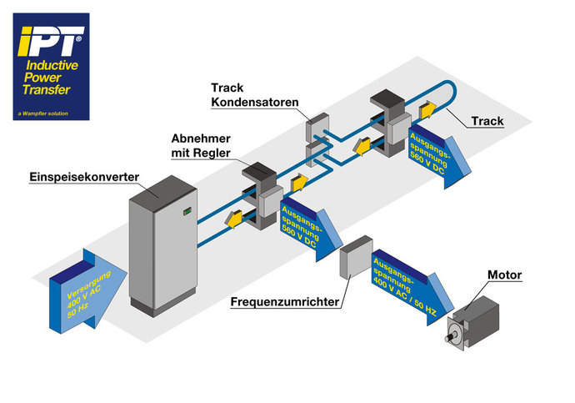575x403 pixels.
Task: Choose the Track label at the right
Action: click(x=487, y=121)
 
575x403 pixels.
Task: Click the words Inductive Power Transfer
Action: click(x=51, y=77)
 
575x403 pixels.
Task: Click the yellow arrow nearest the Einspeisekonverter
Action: click(x=233, y=219)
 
